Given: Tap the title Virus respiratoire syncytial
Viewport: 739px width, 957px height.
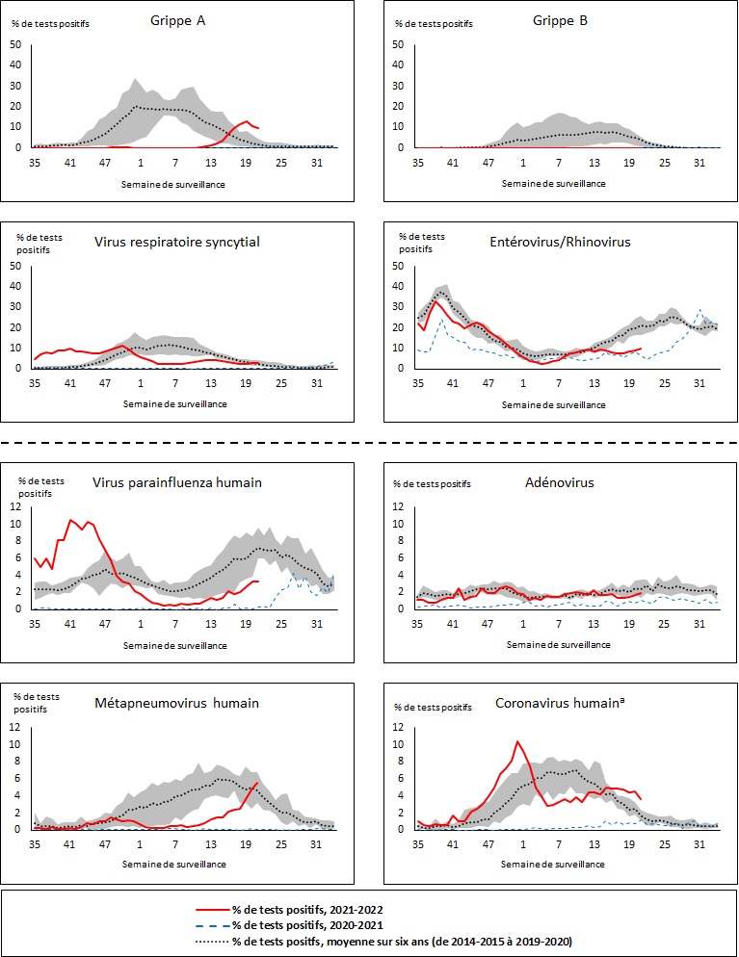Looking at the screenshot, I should click(x=175, y=241).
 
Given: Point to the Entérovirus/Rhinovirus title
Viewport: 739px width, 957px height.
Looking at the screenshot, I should click(x=560, y=241).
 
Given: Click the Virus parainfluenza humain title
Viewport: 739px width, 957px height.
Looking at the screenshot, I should click(x=176, y=484).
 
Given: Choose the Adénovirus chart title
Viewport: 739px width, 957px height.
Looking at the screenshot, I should click(x=561, y=484).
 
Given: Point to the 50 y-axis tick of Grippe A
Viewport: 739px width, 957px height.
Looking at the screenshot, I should click(x=14, y=44).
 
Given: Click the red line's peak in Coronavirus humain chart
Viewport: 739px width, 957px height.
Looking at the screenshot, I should click(x=517, y=741).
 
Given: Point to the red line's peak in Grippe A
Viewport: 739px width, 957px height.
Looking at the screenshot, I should click(x=247, y=121).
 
